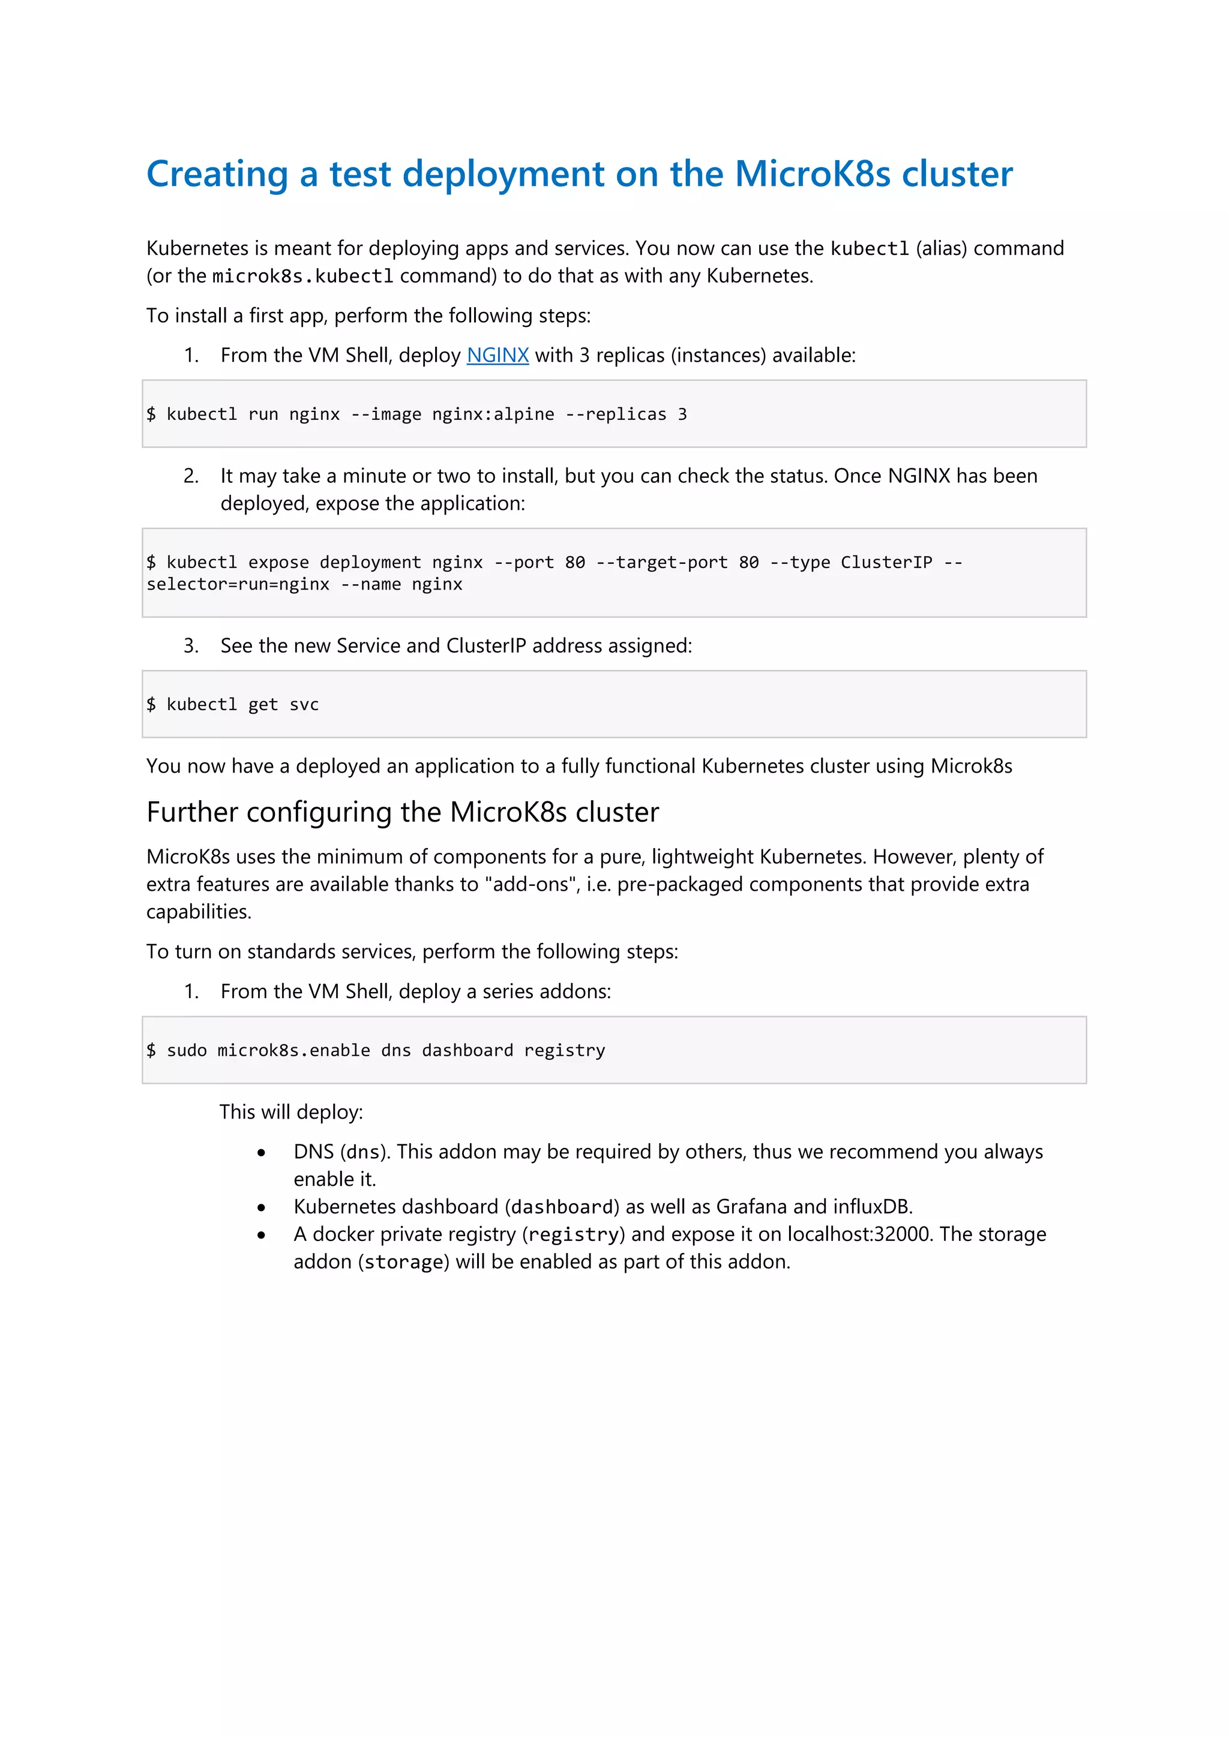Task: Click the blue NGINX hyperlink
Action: click(x=497, y=356)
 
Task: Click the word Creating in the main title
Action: click(x=217, y=175)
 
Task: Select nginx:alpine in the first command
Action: click(x=493, y=414)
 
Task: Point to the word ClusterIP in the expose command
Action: click(x=886, y=563)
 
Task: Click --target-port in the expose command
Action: click(x=661, y=563)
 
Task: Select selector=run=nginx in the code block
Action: click(x=238, y=585)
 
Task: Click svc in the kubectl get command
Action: click(x=304, y=705)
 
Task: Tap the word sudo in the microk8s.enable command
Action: click(x=186, y=1051)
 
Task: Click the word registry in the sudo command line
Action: click(x=565, y=1051)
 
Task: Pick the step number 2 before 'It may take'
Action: click(x=191, y=477)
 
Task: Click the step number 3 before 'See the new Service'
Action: click(x=191, y=646)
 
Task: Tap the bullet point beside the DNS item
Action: click(x=261, y=1153)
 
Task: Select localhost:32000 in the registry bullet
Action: click(x=858, y=1234)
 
